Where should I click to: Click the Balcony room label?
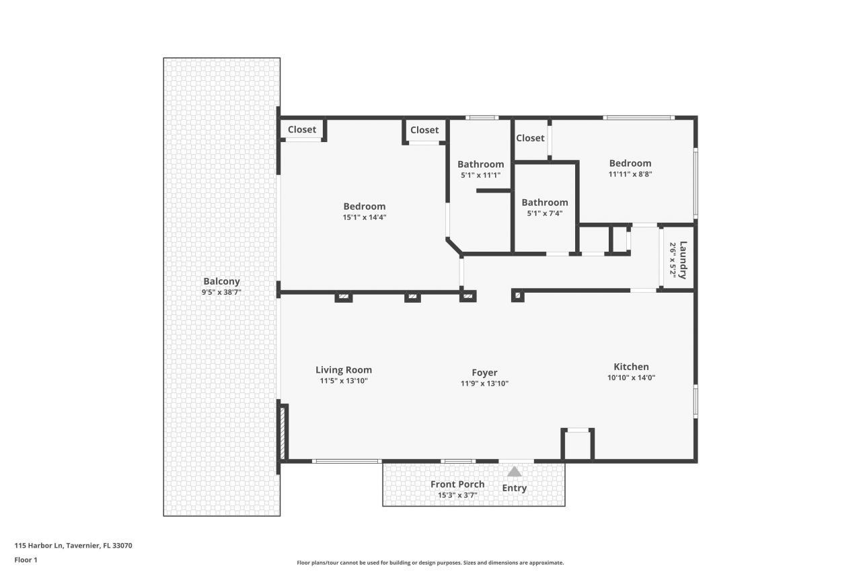[x=221, y=281]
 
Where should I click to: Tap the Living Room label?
[x=344, y=369]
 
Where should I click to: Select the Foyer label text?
[x=484, y=372]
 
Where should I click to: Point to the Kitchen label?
[x=631, y=367]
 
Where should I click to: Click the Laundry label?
[x=683, y=260]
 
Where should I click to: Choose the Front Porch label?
[x=457, y=485]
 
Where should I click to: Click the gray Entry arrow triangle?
[x=514, y=472]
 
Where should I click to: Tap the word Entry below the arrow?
[x=515, y=488]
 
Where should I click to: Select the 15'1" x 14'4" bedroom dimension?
[x=365, y=217]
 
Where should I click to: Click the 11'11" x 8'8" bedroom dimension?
[x=630, y=174]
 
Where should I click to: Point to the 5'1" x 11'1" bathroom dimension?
[x=480, y=175]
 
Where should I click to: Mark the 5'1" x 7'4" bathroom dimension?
[x=545, y=213]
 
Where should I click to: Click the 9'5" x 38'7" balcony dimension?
[x=221, y=293]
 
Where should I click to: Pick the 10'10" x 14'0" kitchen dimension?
[x=631, y=378]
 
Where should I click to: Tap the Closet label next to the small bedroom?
[x=530, y=138]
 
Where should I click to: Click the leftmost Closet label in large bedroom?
[x=302, y=130]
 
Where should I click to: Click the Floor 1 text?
[x=26, y=559]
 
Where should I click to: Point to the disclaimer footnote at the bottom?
[x=430, y=563]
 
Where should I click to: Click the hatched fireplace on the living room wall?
[x=283, y=432]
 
